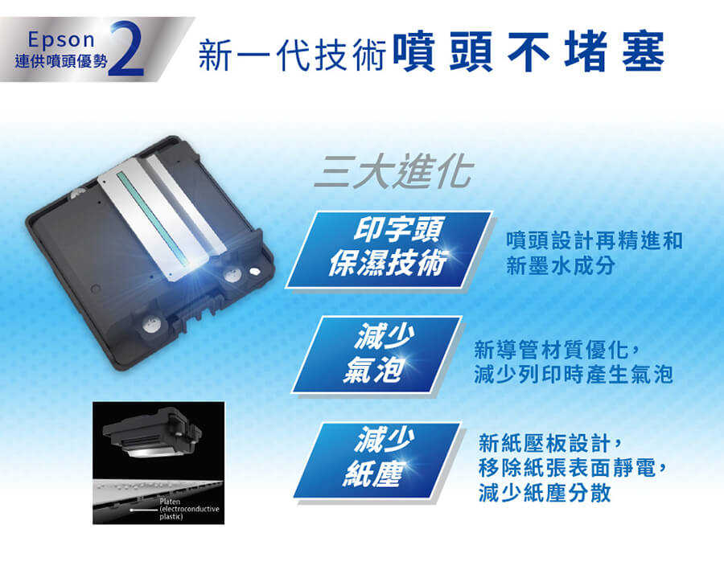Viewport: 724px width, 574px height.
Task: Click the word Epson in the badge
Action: click(x=61, y=40)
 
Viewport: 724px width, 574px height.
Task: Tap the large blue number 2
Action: click(x=127, y=48)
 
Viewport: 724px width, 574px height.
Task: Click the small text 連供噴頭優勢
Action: click(x=61, y=61)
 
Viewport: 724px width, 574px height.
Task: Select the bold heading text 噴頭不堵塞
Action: click(x=529, y=51)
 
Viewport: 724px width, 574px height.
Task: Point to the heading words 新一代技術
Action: click(x=293, y=55)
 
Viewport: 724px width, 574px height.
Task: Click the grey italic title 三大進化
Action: click(x=394, y=171)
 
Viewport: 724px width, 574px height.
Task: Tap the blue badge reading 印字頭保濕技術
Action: click(x=389, y=249)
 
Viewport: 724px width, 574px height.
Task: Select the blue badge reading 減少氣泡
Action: click(x=377, y=355)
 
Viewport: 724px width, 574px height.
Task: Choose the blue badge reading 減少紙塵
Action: click(x=377, y=460)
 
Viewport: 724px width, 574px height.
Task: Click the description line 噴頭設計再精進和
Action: click(x=594, y=241)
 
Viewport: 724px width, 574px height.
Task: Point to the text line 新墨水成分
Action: click(x=561, y=266)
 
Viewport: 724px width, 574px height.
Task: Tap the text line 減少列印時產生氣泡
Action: click(x=574, y=375)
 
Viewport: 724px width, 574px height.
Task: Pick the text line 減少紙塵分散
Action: click(x=545, y=494)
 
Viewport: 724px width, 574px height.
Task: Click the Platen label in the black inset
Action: click(x=170, y=501)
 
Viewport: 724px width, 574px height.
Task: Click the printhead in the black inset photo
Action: click(x=152, y=433)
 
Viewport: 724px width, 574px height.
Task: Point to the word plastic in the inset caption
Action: click(x=171, y=517)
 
